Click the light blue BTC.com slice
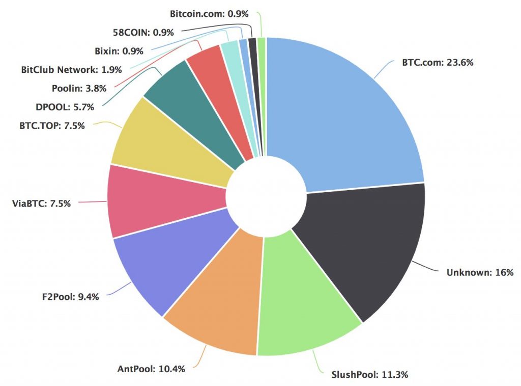click(346, 112)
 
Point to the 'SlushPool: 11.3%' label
click(366, 375)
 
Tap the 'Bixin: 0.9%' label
click(119, 51)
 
